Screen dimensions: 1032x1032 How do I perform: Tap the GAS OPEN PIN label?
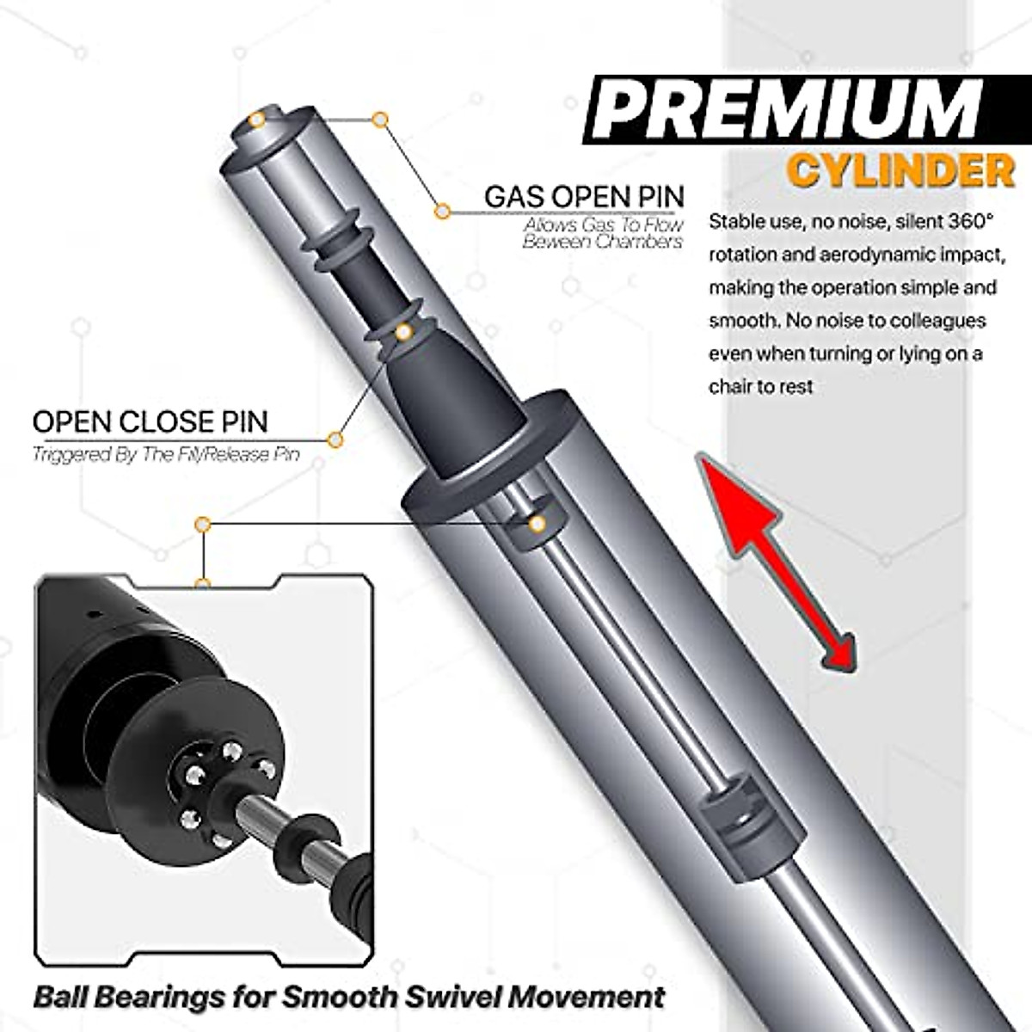point(584,196)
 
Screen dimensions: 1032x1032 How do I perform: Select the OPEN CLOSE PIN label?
point(150,421)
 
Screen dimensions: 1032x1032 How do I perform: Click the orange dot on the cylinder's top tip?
point(256,120)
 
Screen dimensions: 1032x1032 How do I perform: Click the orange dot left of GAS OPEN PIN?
point(442,211)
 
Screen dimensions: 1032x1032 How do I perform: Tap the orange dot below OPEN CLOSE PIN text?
point(335,440)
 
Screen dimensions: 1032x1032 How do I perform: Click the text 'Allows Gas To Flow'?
point(604,225)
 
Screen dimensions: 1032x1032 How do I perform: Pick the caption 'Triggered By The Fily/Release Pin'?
point(166,454)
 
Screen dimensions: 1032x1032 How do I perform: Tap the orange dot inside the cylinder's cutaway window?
point(537,524)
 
